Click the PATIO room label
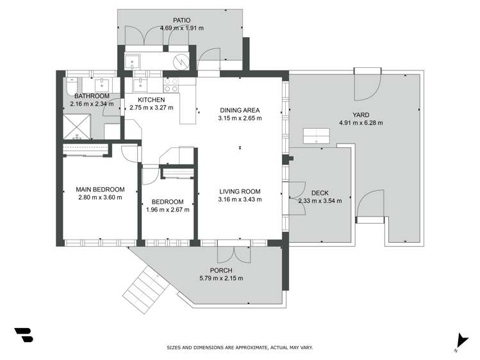pyautogui.click(x=181, y=20)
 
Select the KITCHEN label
pyautogui.click(x=151, y=100)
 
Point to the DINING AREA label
pyautogui.click(x=240, y=110)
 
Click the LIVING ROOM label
pyautogui.click(x=240, y=191)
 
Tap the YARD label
pyautogui.click(x=361, y=115)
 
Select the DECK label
pyautogui.click(x=320, y=193)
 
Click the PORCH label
pyautogui.click(x=221, y=270)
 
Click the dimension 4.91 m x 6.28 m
pyautogui.click(x=361, y=123)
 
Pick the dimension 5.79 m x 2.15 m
pyautogui.click(x=221, y=278)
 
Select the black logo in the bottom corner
pyautogui.click(x=23, y=336)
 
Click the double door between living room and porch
pyautogui.click(x=233, y=252)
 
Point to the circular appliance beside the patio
pyautogui.click(x=182, y=62)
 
